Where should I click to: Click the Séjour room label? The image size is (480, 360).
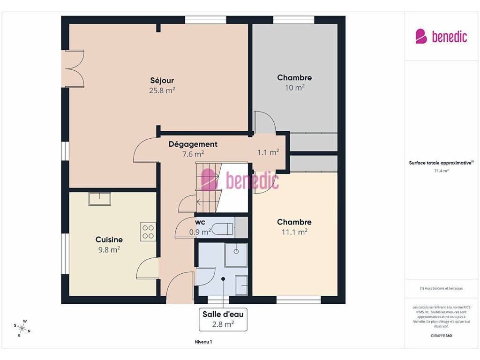coord(162,81)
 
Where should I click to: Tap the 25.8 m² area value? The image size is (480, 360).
coord(162,90)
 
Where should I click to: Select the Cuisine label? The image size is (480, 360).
coord(109,240)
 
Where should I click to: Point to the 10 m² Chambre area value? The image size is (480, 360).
coord(294,88)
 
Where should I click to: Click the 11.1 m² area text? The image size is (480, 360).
coord(294,232)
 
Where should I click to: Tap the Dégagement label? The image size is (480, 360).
coord(193,144)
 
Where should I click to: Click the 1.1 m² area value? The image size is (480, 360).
coord(268,152)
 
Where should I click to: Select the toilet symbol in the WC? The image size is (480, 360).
coord(222,229)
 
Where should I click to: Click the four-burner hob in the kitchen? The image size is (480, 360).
coord(148,232)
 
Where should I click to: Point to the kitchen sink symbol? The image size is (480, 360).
coord(100,199)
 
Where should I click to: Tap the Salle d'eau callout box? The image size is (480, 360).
coord(223,319)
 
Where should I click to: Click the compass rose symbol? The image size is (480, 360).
coord(22,329)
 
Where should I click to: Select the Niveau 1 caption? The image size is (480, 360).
coord(203,342)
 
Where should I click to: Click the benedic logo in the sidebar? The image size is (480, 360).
coord(441,36)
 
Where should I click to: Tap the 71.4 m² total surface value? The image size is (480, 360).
coord(442,171)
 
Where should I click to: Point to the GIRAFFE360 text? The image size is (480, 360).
coord(441,336)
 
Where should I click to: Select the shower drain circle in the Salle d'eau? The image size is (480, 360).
coord(236,251)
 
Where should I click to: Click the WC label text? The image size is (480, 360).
coord(200,222)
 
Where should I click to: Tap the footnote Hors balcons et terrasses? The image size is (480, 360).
coord(441,288)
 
